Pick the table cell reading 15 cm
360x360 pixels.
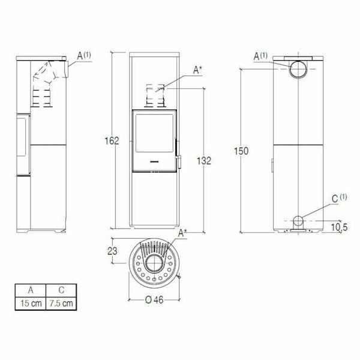(31, 303)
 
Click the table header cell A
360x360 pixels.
(31, 291)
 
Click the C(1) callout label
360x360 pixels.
(338, 197)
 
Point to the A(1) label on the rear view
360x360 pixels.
(261, 56)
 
